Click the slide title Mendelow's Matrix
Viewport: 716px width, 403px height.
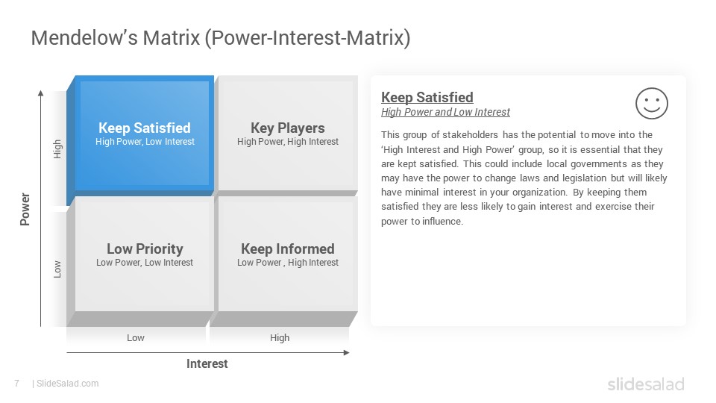[x=221, y=38]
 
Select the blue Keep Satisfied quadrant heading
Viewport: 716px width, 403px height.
[x=145, y=128]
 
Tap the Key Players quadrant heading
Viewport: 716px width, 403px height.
[x=288, y=128]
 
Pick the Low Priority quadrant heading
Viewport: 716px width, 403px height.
[x=145, y=249]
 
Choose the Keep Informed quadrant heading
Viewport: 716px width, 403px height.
[x=288, y=249]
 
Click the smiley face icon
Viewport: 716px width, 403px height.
[x=652, y=103]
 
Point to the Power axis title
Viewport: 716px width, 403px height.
[x=25, y=209]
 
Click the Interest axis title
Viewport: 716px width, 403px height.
[x=207, y=363]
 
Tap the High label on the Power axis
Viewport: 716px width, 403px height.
[x=57, y=149]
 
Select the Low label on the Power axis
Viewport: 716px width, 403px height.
[x=57, y=269]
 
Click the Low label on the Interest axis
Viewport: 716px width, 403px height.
[x=136, y=337]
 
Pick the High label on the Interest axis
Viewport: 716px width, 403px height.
[x=280, y=337]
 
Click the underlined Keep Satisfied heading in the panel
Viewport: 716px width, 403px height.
[x=427, y=97]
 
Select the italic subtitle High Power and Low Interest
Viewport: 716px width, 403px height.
[x=445, y=112]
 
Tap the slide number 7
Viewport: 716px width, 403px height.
[x=17, y=384]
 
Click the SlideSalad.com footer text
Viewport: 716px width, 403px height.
[x=67, y=384]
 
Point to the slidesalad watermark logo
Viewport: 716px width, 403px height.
[x=646, y=384]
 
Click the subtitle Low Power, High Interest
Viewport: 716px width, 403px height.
[x=288, y=263]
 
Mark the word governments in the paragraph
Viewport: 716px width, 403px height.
[x=593, y=164]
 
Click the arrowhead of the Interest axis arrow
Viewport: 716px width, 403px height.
[x=347, y=353]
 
